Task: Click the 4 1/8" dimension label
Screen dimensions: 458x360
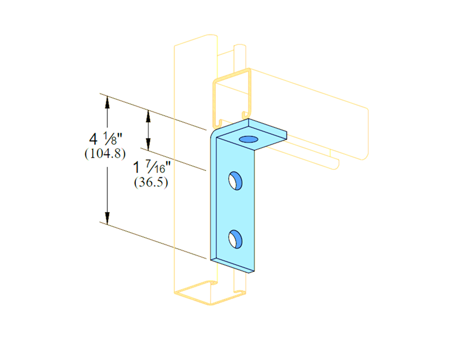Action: click(x=106, y=138)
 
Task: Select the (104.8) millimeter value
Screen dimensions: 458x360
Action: click(x=105, y=153)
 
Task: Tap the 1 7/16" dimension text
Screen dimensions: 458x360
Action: click(x=152, y=167)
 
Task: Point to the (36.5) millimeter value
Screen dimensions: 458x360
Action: click(x=151, y=182)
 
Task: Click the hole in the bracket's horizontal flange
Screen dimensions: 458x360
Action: click(x=249, y=140)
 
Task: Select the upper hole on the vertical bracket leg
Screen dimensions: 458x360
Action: click(x=235, y=181)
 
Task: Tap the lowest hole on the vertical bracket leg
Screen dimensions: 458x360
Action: click(x=235, y=239)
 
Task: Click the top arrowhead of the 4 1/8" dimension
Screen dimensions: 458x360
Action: click(x=107, y=102)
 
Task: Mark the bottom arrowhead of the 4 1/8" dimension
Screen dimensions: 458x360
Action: click(x=107, y=218)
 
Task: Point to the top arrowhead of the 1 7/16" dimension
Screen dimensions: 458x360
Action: click(x=149, y=116)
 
